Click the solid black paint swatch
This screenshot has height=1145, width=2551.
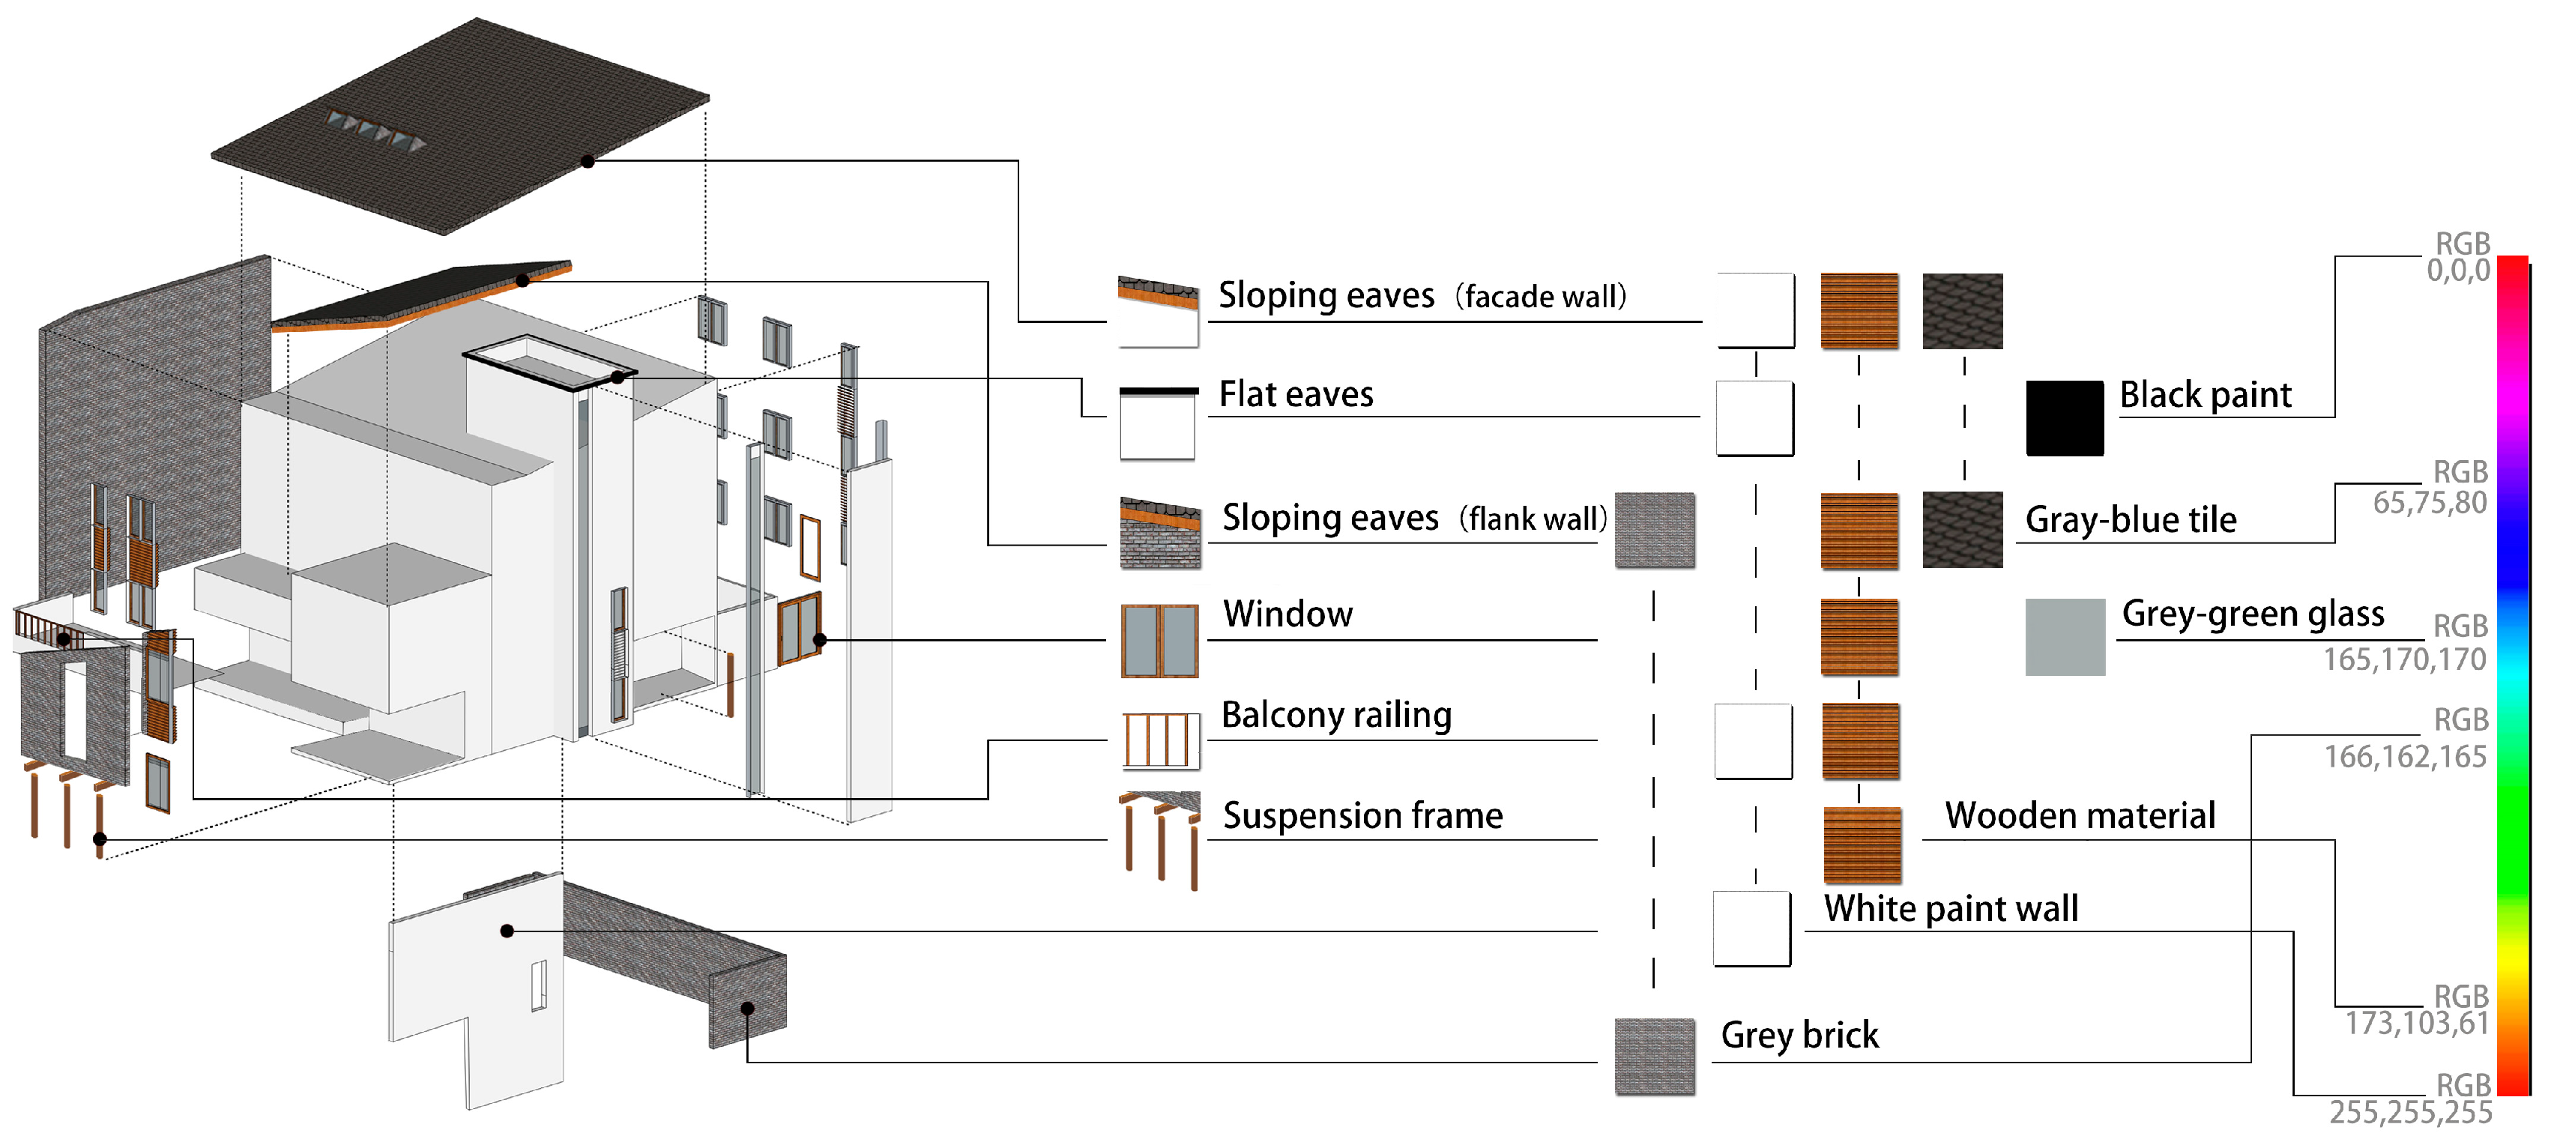(2065, 418)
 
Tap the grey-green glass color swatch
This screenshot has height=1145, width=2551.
(2065, 637)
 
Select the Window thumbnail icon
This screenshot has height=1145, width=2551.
(1159, 641)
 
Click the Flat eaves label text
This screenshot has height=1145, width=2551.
(1295, 394)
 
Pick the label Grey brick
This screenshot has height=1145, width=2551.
(1799, 1035)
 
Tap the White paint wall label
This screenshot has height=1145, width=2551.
(1950, 908)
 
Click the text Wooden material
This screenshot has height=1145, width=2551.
(2080, 815)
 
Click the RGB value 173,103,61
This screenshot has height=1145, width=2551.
(2416, 1023)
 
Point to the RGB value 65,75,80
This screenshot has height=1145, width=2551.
(2429, 503)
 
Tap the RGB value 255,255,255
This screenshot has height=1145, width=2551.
(2410, 1114)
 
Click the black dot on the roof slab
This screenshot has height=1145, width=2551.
(588, 160)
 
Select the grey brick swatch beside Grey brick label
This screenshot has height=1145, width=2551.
(1654, 1056)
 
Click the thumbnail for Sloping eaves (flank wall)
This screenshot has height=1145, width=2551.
(1159, 533)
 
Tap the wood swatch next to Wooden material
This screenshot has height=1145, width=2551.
(1862, 845)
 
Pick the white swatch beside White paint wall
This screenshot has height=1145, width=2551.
(1751, 928)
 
